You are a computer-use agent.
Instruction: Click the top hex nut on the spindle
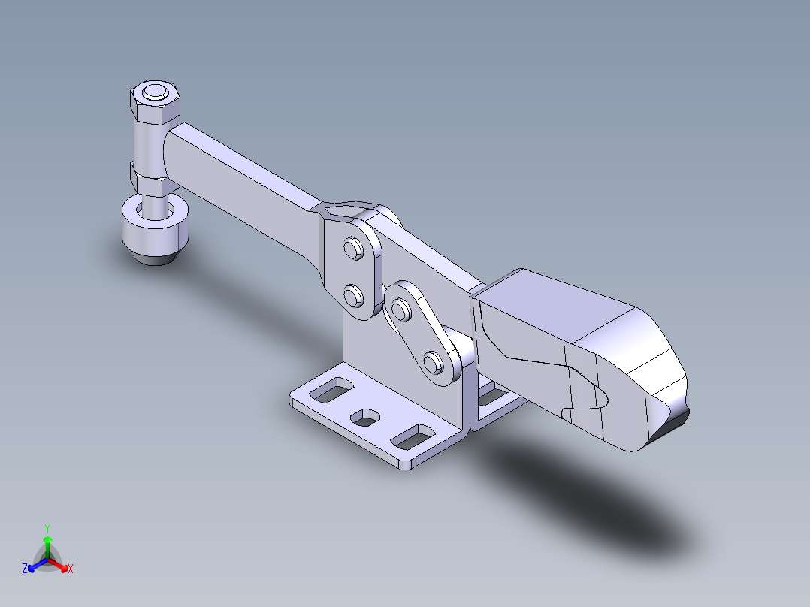(x=155, y=102)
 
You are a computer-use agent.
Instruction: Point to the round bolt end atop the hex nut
(x=155, y=92)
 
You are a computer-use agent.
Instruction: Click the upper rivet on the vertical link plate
(x=354, y=249)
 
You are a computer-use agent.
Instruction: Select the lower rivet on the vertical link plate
(x=354, y=296)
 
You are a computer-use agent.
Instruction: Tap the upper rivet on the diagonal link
(x=401, y=310)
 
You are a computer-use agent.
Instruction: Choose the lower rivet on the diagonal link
(x=433, y=361)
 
